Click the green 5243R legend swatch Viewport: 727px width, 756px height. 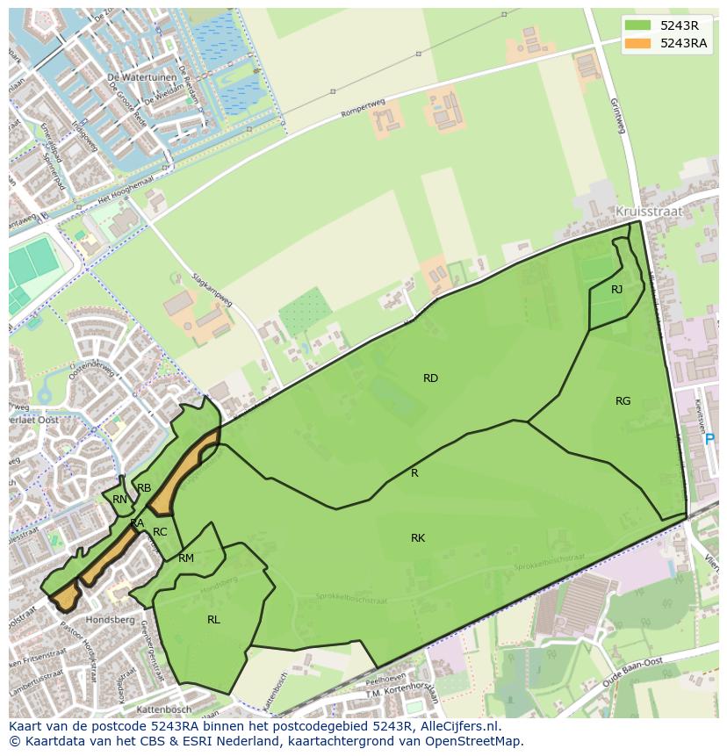[x=639, y=25]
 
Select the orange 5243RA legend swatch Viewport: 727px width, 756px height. [x=639, y=43]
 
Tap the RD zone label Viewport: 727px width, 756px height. [x=430, y=378]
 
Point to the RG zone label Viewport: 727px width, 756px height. [x=623, y=401]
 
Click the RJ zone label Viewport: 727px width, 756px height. [x=616, y=290]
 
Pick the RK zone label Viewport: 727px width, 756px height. [x=418, y=538]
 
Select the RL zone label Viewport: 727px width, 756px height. [x=213, y=620]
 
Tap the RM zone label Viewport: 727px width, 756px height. [x=186, y=558]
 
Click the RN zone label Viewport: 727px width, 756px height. [x=120, y=500]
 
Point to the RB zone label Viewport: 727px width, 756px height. [x=144, y=488]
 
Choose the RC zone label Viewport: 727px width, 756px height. [x=160, y=532]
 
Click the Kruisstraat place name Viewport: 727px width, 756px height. [x=648, y=212]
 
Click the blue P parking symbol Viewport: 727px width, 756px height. [x=709, y=439]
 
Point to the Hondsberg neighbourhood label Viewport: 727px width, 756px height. [x=111, y=620]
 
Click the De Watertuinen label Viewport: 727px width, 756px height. [x=137, y=77]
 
